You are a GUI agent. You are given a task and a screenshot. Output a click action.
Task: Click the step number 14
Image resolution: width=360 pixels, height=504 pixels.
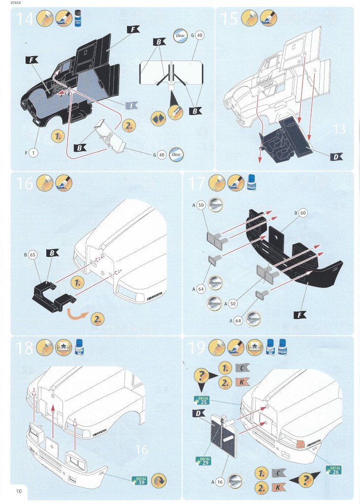point(26,19)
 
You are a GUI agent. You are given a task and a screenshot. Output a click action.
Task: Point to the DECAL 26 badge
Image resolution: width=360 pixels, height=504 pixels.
point(335,470)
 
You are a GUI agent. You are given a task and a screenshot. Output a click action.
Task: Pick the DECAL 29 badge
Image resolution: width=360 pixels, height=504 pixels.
point(204,461)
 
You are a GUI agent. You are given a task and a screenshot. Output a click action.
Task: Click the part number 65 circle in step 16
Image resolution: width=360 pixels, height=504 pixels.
point(33,256)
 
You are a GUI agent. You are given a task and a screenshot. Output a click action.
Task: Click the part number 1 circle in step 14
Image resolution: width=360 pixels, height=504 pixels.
point(33,153)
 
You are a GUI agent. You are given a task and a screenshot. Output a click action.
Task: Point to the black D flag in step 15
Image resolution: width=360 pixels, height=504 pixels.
point(336,157)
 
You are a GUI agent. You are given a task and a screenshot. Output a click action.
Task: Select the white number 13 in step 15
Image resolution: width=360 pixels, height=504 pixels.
point(339,129)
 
